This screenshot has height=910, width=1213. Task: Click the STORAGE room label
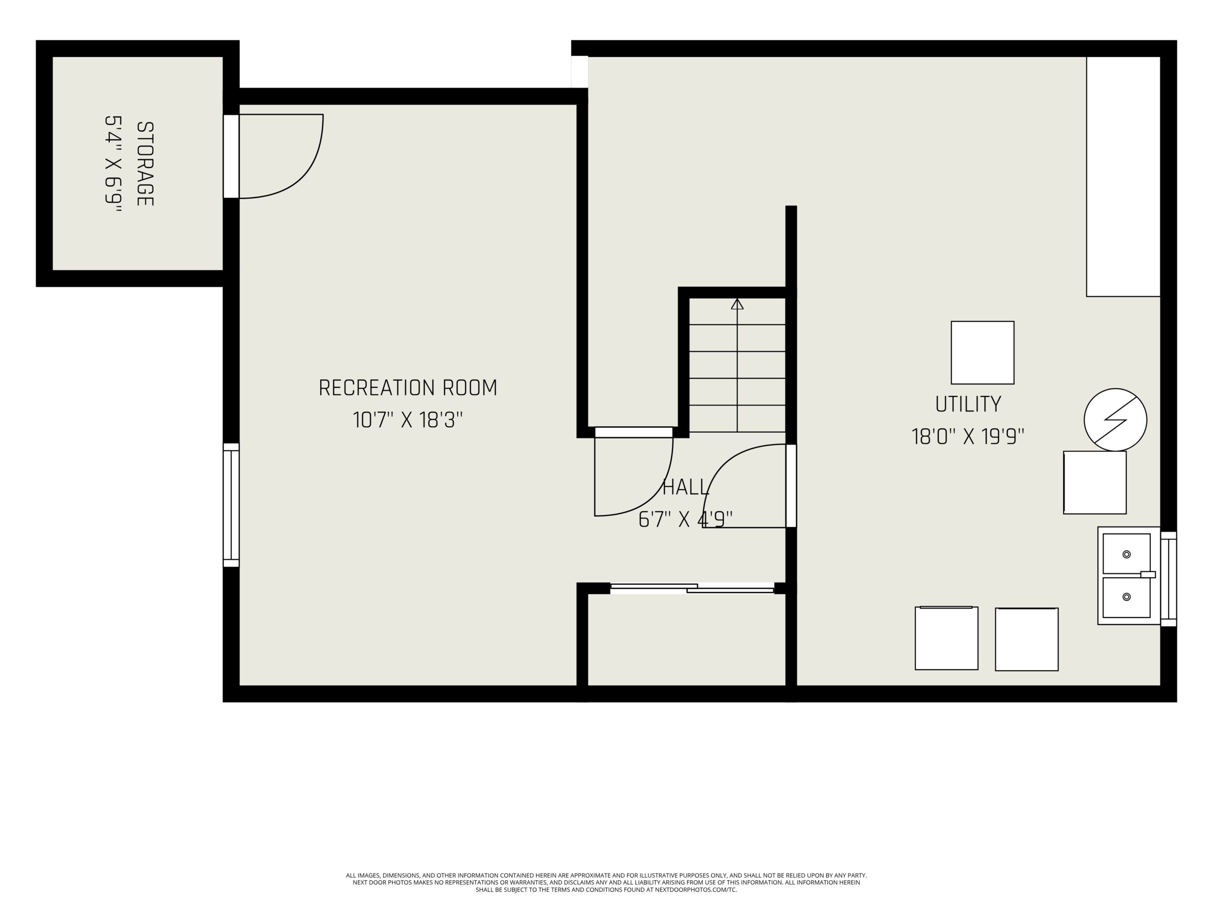point(145,164)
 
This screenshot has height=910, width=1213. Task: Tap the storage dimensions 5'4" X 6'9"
point(113,164)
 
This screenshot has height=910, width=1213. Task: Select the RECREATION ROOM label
point(408,388)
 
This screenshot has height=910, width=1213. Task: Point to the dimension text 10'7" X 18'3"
point(408,420)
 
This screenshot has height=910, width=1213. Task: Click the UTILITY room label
point(968,404)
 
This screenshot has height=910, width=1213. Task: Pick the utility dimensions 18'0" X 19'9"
point(968,437)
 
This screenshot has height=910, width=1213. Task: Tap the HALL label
point(686,487)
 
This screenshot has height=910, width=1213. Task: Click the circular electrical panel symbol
point(1115,419)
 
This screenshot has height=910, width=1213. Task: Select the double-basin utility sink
point(1129,575)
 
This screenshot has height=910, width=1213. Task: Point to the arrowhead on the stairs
point(737,304)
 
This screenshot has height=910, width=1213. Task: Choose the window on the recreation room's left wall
point(231,505)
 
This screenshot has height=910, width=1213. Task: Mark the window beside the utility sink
point(1168,579)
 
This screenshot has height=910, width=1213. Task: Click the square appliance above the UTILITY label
point(982,353)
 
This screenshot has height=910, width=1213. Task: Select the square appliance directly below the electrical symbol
point(1095,482)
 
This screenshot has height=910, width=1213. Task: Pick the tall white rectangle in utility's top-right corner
point(1123,176)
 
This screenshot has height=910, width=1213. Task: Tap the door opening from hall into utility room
point(791,485)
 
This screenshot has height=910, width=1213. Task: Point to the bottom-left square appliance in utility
point(947,638)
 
